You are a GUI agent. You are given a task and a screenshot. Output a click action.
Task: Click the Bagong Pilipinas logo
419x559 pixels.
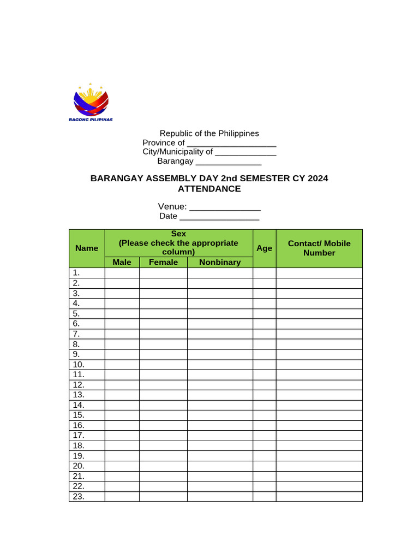pyautogui.click(x=91, y=104)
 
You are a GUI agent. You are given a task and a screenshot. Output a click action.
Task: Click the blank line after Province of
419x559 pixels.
pyautogui.click(x=231, y=144)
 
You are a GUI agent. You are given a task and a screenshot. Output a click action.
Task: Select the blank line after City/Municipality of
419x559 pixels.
pyautogui.click(x=246, y=152)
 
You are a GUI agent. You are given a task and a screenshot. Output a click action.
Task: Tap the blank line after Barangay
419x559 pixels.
pyautogui.click(x=229, y=162)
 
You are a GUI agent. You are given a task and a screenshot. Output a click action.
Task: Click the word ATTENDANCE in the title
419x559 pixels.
pyautogui.click(x=209, y=189)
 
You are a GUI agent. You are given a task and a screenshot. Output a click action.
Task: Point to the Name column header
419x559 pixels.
pyautogui.click(x=87, y=248)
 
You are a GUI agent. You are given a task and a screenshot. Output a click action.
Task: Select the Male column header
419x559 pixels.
pyautogui.click(x=122, y=262)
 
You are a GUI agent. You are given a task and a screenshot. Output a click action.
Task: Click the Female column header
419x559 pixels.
pyautogui.click(x=163, y=262)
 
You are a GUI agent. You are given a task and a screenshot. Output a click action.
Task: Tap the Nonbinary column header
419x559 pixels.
pyautogui.click(x=220, y=262)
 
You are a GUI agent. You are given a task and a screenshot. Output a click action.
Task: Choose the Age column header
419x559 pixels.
pyautogui.click(x=264, y=248)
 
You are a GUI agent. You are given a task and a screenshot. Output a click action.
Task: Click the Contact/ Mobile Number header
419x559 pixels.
pyautogui.click(x=319, y=248)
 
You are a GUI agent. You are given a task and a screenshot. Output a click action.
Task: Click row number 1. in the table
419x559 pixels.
pyautogui.click(x=76, y=272)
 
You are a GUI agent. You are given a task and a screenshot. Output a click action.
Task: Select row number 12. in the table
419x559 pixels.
pyautogui.click(x=78, y=384)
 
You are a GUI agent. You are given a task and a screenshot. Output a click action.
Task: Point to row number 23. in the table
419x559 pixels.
pyautogui.click(x=78, y=496)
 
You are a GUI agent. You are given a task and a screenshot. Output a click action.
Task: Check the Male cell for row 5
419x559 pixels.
pyautogui.click(x=122, y=313)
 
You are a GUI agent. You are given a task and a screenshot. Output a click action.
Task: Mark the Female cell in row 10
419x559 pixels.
pyautogui.click(x=163, y=364)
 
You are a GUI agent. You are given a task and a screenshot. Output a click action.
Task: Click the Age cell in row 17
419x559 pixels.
pyautogui.click(x=264, y=436)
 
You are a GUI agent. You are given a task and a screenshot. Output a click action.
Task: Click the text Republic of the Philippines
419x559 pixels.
pyautogui.click(x=209, y=133)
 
